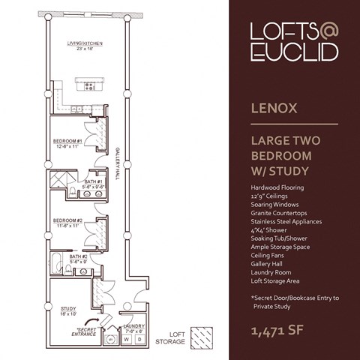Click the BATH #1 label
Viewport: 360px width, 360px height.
tap(94, 182)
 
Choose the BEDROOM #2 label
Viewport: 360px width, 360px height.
tap(67, 222)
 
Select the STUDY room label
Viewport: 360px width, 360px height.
tap(68, 310)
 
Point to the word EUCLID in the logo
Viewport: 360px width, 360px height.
tap(295, 52)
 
